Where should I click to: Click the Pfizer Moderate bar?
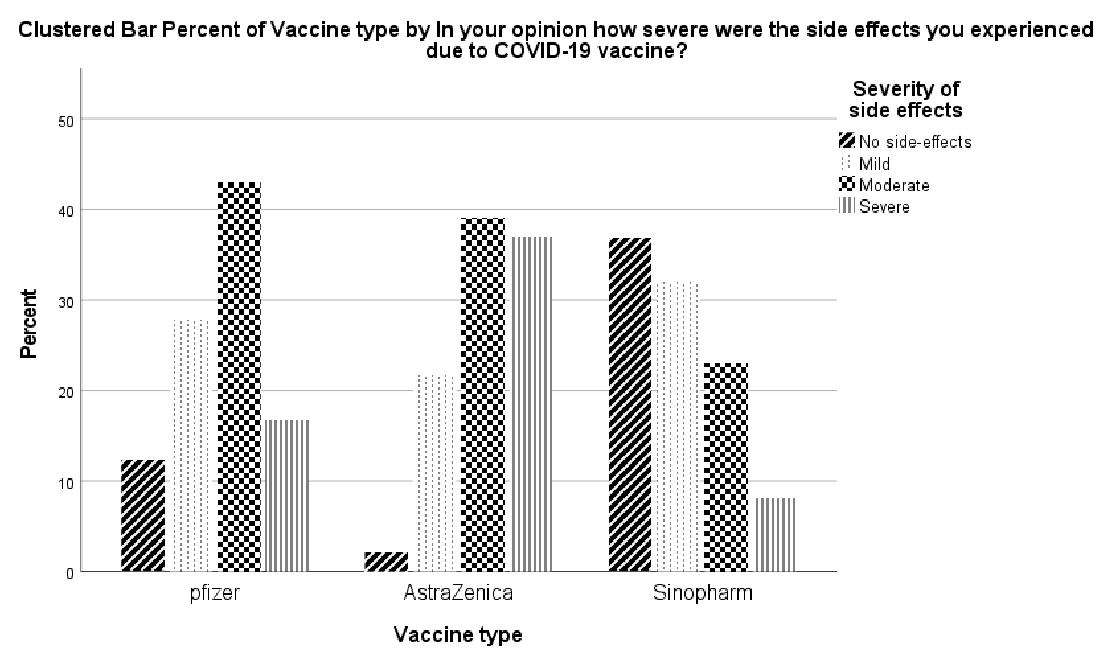pyautogui.click(x=239, y=377)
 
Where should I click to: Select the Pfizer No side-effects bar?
pyautogui.click(x=143, y=516)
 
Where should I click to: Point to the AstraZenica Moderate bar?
pyautogui.click(x=482, y=395)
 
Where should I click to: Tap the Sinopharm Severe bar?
pyautogui.click(x=775, y=535)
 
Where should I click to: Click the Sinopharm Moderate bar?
pyautogui.click(x=725, y=467)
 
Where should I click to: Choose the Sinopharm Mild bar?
pyautogui.click(x=677, y=426)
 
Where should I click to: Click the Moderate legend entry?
pyautogui.click(x=894, y=185)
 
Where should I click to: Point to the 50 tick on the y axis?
pyautogui.click(x=66, y=121)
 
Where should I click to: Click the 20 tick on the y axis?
pyautogui.click(x=66, y=393)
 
